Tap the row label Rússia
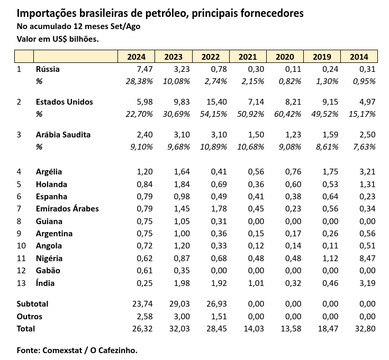click(48, 69)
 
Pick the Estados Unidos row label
click(64, 102)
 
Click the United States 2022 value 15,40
click(216, 102)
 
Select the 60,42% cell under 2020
click(288, 114)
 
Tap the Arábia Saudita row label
click(63, 135)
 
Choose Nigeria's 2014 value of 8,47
click(367, 259)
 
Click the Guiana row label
click(49, 221)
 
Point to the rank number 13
click(21, 283)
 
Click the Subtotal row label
click(32, 304)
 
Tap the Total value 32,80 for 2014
click(365, 329)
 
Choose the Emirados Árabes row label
click(67, 209)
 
